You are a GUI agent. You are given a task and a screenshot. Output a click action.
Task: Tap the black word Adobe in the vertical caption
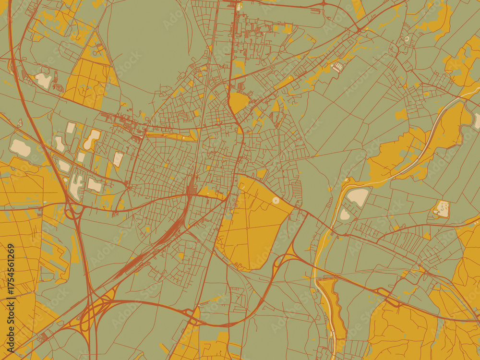11,326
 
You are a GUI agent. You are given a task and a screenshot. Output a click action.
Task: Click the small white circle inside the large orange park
276,200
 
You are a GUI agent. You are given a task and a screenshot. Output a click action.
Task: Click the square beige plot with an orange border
442,209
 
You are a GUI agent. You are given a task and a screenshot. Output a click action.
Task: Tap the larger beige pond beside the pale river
358,196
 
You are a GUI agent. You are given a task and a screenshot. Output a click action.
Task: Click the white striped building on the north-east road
338,67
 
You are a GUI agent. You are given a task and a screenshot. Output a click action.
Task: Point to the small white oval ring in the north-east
407,38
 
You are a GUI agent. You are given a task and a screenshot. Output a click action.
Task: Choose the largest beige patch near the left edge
20,148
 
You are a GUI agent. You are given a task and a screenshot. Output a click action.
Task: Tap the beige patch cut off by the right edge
477,120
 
